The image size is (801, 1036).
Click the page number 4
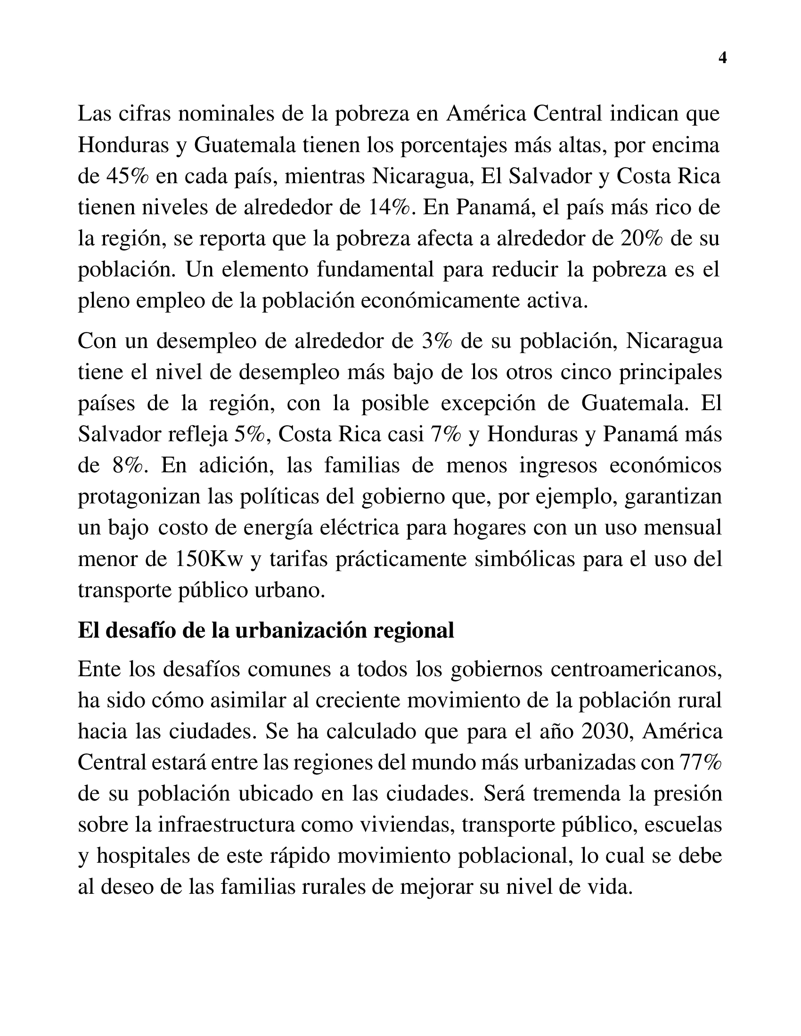723,58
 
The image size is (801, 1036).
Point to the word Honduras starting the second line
123,145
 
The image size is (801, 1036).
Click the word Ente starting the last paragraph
98,669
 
